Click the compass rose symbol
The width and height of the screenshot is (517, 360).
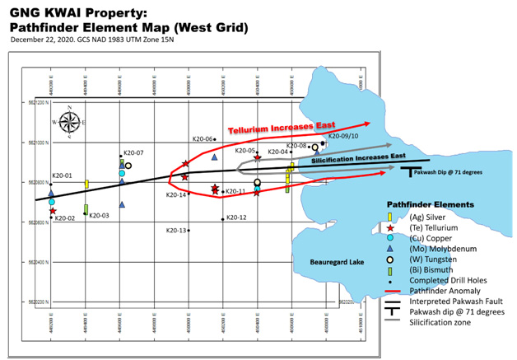tap(70, 123)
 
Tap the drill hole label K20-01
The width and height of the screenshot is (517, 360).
tap(63, 175)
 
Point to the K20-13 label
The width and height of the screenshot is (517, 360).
tap(176, 231)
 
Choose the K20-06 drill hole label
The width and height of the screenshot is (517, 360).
tap(203, 139)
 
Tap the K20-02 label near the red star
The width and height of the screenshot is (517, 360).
tap(64, 218)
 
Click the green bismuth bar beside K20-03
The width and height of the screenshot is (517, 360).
tap(86, 209)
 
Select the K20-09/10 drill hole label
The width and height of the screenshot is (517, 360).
tap(343, 136)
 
